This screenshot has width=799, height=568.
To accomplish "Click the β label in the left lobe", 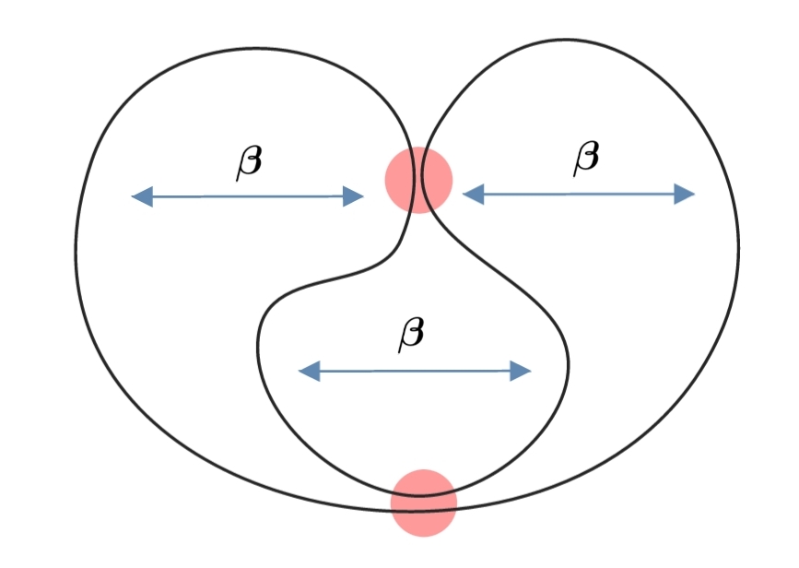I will [x=249, y=162].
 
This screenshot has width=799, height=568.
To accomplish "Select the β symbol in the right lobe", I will [x=586, y=158].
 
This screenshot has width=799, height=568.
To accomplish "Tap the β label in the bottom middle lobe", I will [x=412, y=333].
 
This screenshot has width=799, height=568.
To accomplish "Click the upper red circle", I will [x=419, y=180].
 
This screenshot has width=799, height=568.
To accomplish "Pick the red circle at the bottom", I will [x=424, y=503].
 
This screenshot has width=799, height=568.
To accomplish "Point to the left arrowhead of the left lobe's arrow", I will [x=140, y=195].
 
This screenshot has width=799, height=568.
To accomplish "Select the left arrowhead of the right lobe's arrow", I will [x=471, y=194].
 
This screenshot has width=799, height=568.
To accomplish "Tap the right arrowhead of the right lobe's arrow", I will [x=686, y=194].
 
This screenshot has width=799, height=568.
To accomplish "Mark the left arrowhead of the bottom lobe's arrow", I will [x=308, y=372].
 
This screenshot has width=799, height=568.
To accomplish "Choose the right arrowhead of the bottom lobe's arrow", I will [x=523, y=372].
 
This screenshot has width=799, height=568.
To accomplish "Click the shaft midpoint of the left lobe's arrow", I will [x=248, y=195].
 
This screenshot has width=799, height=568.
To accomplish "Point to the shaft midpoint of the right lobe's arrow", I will [x=579, y=194].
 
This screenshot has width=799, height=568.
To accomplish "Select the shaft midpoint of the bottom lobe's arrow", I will [x=416, y=372].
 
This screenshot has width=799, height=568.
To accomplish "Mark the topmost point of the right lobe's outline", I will [x=567, y=39].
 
